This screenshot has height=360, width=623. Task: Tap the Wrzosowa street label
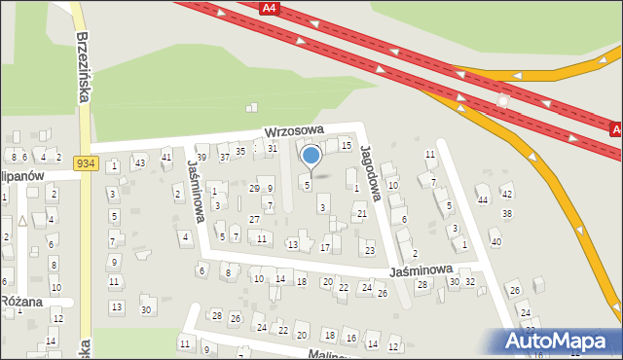click(x=293, y=130)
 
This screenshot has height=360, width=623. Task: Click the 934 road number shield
click(x=85, y=163)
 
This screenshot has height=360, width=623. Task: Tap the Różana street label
click(x=21, y=302)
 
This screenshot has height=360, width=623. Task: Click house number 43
click(x=140, y=162)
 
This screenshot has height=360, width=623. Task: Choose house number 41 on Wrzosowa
click(x=166, y=157)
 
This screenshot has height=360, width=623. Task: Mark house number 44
click(x=483, y=199)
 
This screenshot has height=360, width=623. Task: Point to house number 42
click(x=506, y=195)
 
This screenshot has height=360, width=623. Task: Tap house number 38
click(x=506, y=213)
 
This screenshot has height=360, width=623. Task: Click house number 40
click(x=495, y=241)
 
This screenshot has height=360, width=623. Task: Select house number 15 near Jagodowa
click(x=346, y=146)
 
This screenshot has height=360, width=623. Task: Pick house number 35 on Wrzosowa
click(x=239, y=151)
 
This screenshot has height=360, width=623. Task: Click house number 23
click(x=369, y=250)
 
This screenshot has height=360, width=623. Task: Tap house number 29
click(x=254, y=188)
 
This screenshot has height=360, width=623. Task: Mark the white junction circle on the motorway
click(x=503, y=99)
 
